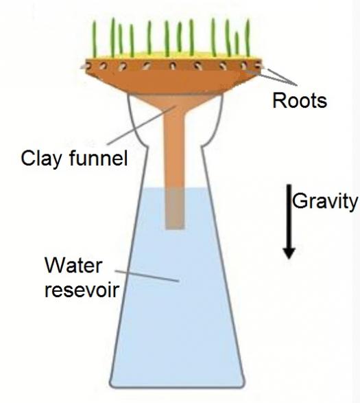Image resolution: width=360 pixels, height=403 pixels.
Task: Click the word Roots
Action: click(x=300, y=100)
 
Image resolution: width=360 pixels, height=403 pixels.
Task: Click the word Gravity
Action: click(x=325, y=201)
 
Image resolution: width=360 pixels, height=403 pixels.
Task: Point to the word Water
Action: click(x=73, y=265)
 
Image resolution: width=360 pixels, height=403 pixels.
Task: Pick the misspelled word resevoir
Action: click(x=82, y=290)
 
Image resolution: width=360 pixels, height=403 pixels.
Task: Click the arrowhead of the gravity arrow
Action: click(x=289, y=253)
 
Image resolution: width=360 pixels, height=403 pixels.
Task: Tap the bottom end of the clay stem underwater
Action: click(x=175, y=229)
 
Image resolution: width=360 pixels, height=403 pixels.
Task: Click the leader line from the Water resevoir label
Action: click(x=147, y=276)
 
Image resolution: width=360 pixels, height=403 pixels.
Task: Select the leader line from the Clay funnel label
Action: click(x=141, y=125)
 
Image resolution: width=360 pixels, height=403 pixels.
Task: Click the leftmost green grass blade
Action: click(x=95, y=38)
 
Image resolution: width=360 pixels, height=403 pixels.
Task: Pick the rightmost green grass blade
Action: click(x=248, y=38)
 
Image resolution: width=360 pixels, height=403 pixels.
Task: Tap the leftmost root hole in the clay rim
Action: click(x=88, y=67)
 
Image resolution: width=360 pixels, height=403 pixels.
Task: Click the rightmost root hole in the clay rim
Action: click(x=258, y=65)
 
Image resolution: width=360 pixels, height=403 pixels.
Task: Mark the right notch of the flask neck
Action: click(x=203, y=147)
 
